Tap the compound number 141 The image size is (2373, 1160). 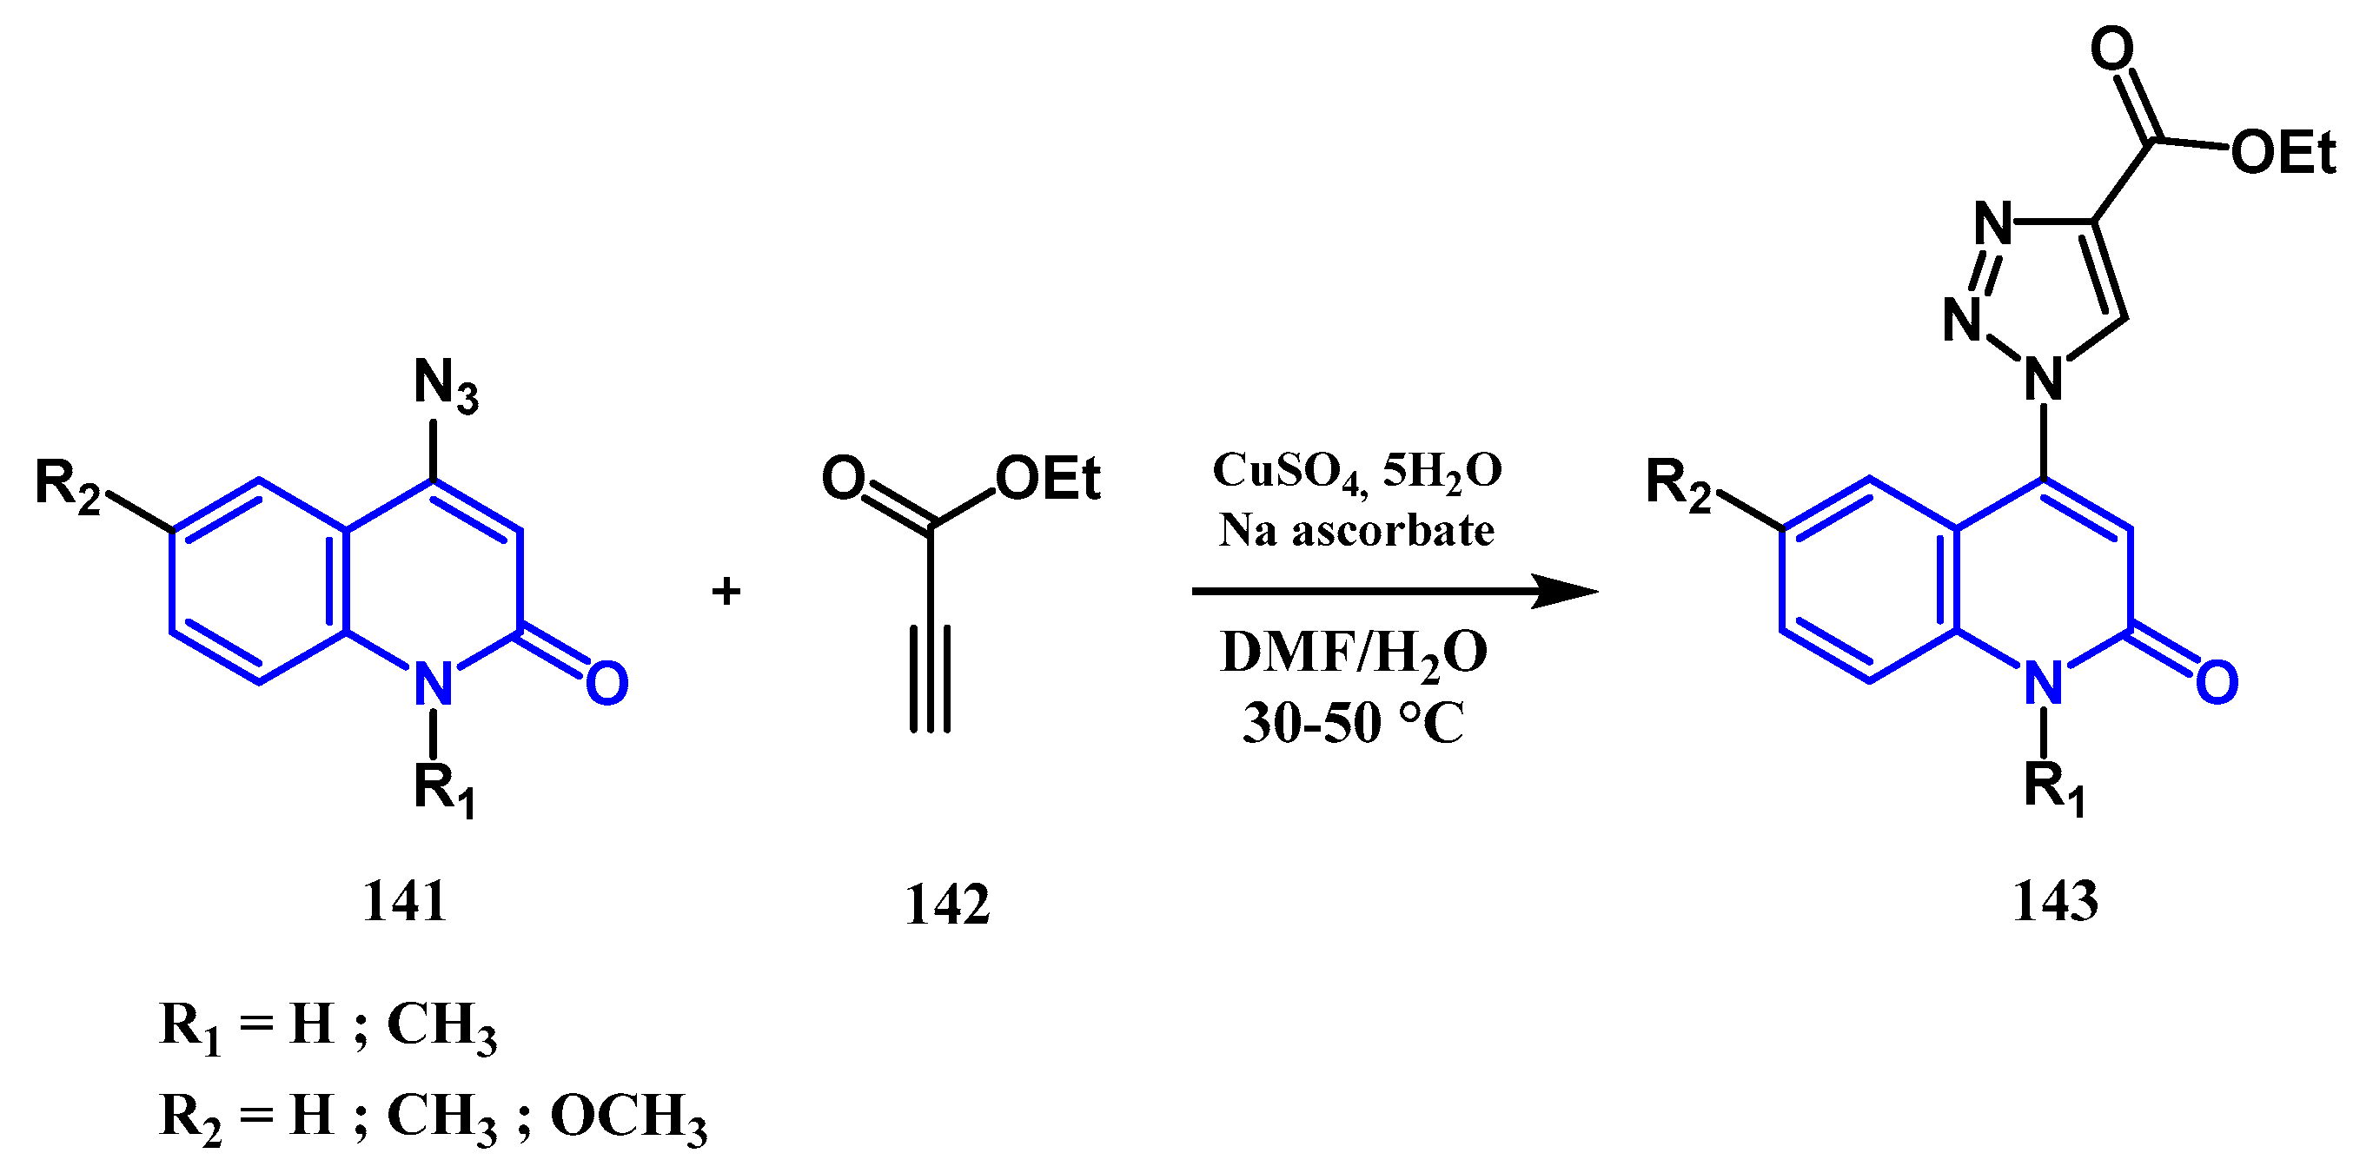[x=405, y=900]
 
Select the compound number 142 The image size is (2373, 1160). [x=947, y=904]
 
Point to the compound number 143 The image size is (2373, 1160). [x=2055, y=900]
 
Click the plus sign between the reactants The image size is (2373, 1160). [x=726, y=591]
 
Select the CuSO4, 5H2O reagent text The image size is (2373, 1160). [x=1357, y=472]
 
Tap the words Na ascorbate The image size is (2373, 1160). [x=1356, y=530]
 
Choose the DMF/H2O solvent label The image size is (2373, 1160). [x=1353, y=653]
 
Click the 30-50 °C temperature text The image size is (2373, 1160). [x=1353, y=722]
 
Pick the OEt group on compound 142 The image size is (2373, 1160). [x=1048, y=479]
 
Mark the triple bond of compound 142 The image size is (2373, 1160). [x=931, y=679]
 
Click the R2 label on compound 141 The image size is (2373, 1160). [x=66, y=485]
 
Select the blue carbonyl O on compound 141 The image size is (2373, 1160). [x=607, y=684]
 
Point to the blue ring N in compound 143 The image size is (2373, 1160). [x=2045, y=683]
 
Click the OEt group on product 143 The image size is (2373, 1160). [x=2284, y=152]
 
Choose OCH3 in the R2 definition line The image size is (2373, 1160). [x=629, y=1116]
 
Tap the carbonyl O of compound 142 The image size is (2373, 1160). [x=844, y=478]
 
